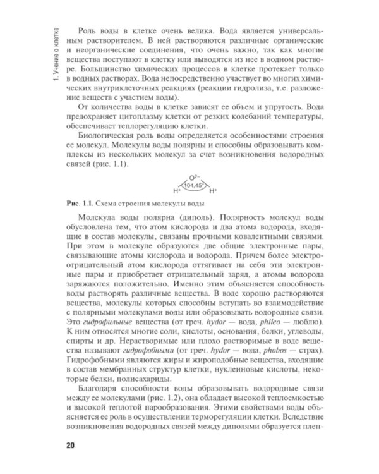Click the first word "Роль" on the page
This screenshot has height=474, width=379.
(86, 31)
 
